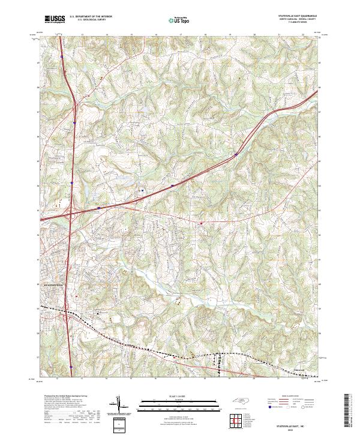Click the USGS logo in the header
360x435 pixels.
click(x=55, y=19)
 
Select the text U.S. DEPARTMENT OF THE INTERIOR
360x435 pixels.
click(x=91, y=16)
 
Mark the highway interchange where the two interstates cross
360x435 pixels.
click(x=71, y=211)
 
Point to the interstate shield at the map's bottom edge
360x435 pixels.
click(x=71, y=367)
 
